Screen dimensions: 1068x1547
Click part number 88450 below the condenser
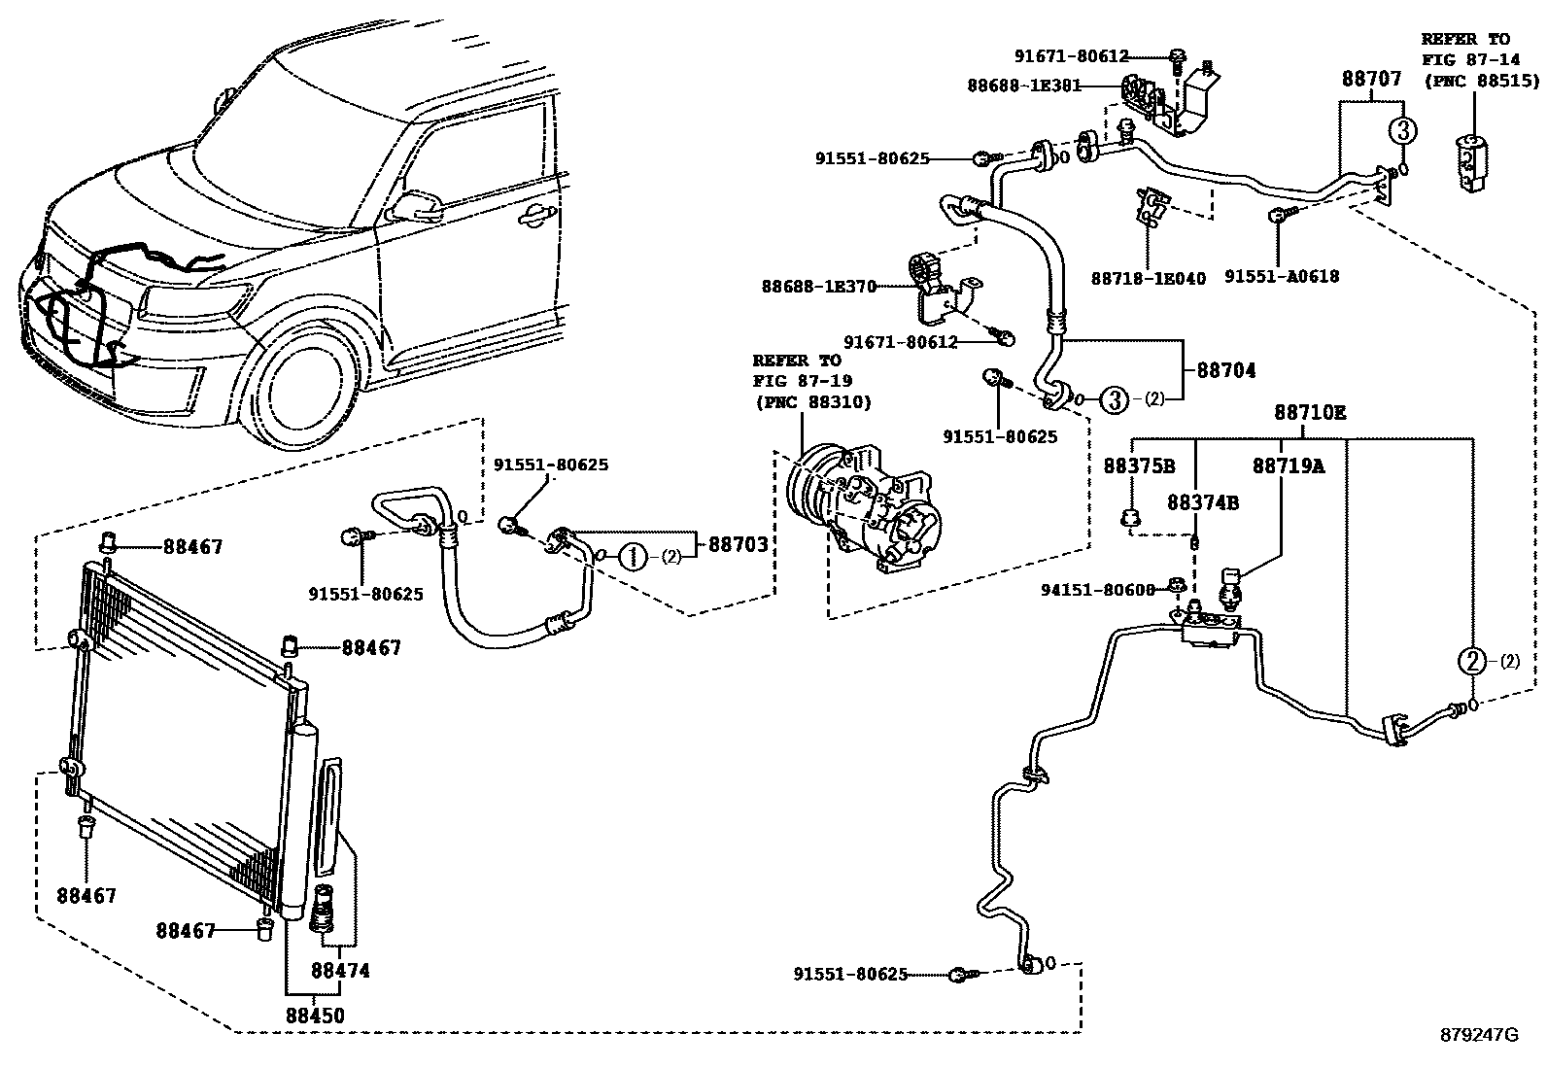pyautogui.click(x=314, y=1016)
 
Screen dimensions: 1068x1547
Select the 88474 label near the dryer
pyautogui.click(x=340, y=970)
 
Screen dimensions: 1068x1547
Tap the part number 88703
pyautogui.click(x=738, y=545)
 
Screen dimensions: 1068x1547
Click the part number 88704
pyautogui.click(x=1225, y=370)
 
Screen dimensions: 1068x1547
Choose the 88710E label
pyautogui.click(x=1310, y=413)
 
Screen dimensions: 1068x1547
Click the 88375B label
pyautogui.click(x=1139, y=466)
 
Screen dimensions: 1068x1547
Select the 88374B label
pyautogui.click(x=1203, y=502)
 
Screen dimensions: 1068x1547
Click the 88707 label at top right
pyautogui.click(x=1372, y=79)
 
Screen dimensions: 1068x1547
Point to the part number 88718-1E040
pyautogui.click(x=1148, y=279)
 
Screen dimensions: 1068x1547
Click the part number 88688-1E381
pyautogui.click(x=1023, y=86)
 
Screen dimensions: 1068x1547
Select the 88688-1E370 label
pyautogui.click(x=818, y=287)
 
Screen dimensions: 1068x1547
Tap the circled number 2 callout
pyautogui.click(x=1472, y=662)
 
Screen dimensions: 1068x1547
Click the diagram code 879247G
pyautogui.click(x=1478, y=1036)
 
